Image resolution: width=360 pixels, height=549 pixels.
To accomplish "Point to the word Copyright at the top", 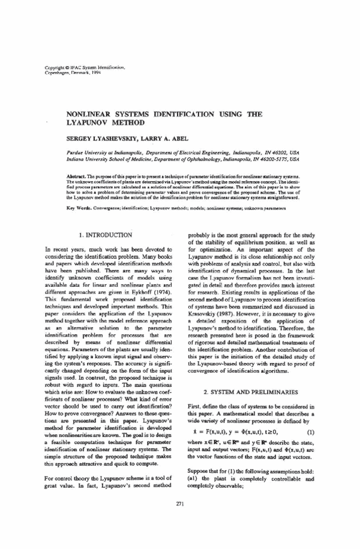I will point(56,68).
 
